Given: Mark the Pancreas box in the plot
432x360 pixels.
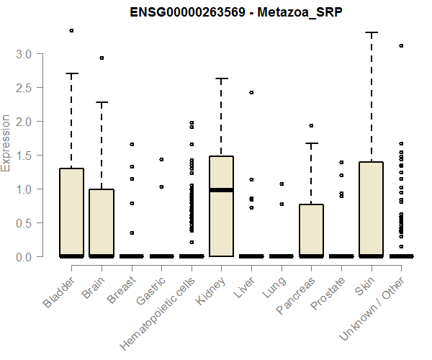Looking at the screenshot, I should coord(311,230).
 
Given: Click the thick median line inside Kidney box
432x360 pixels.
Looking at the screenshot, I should coord(221,190).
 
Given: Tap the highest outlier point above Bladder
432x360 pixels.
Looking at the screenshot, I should coord(71,30).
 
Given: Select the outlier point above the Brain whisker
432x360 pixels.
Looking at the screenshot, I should coord(102,58).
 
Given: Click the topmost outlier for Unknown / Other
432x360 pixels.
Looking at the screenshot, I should coord(401,45).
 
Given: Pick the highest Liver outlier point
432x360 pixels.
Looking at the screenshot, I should coord(251,92).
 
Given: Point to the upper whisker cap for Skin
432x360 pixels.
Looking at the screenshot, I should coord(371,32).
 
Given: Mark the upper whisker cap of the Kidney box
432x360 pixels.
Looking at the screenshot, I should coord(221,78).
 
